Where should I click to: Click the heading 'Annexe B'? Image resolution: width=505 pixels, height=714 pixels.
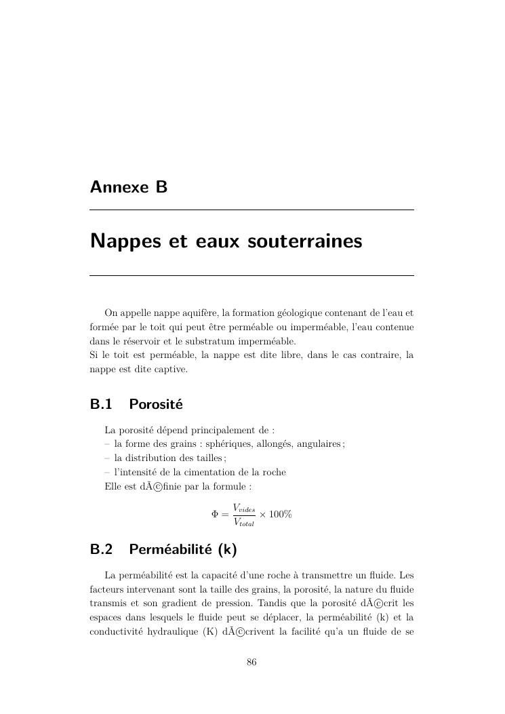point(129,187)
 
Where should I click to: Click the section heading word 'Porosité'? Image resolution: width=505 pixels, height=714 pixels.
point(156,405)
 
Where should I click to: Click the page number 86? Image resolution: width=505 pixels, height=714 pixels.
point(251,662)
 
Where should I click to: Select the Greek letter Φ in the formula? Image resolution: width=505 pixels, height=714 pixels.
point(216,515)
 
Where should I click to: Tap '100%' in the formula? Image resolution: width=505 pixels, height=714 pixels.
point(281,515)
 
